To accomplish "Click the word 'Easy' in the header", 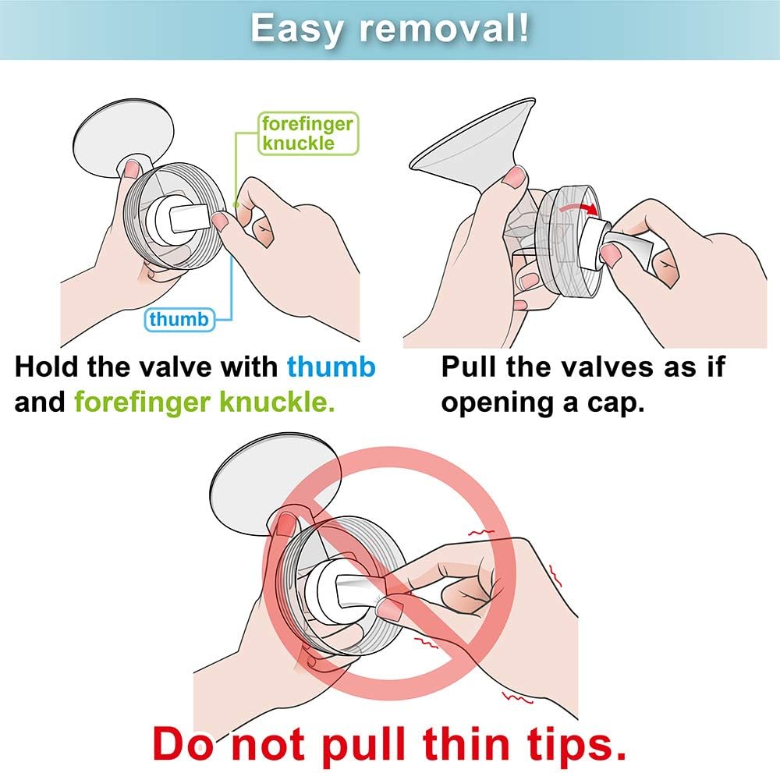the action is [x=296, y=30].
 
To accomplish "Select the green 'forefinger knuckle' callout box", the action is [x=308, y=133].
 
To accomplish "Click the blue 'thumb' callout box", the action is [x=179, y=319].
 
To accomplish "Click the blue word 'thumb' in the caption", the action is [x=331, y=367].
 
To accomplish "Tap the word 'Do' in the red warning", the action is [x=183, y=744].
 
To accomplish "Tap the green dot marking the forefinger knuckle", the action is [x=236, y=204].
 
